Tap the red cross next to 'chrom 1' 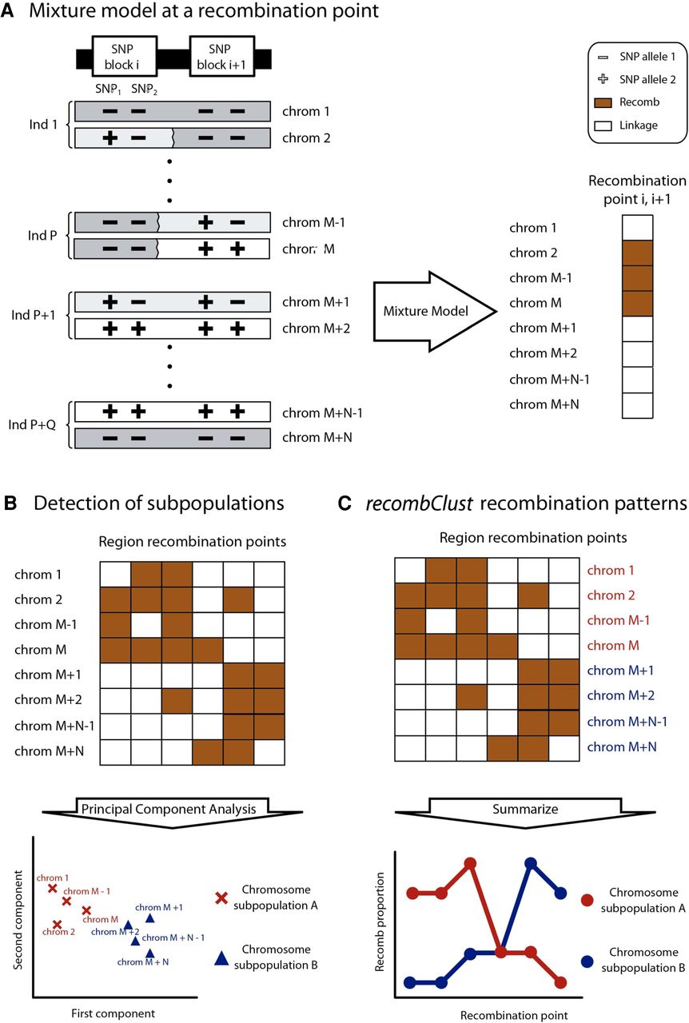[53, 888]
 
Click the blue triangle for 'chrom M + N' [150, 953]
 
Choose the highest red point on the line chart [470, 864]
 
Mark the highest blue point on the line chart [530, 864]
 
